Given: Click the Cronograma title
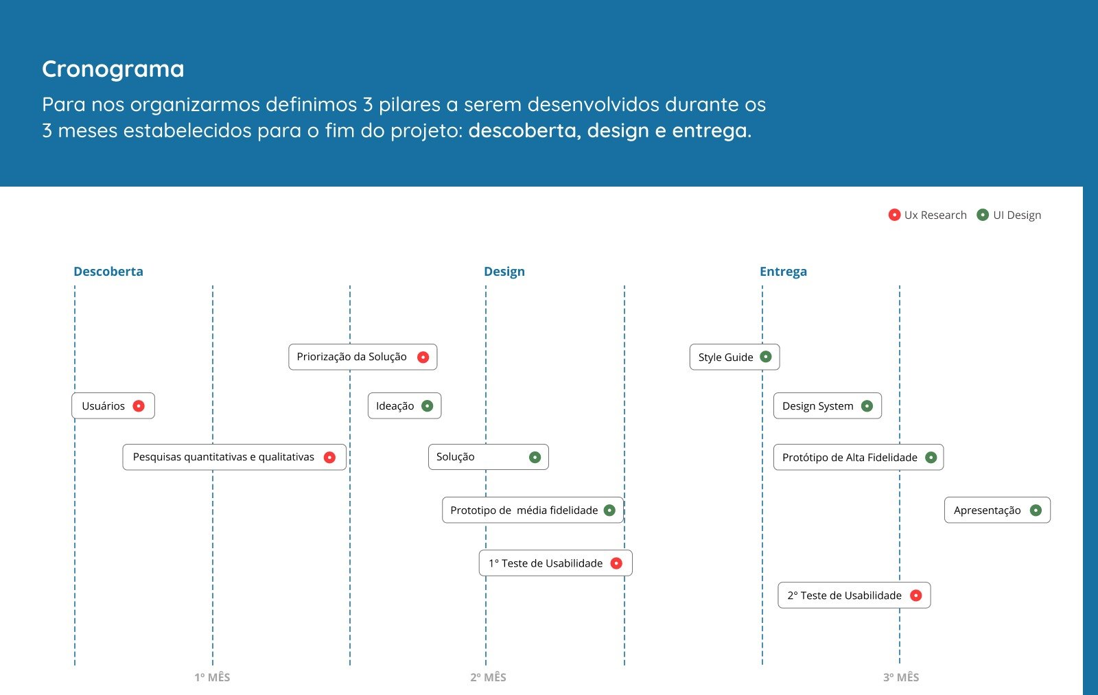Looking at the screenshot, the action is (113, 69).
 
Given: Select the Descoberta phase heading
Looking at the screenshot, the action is (108, 272).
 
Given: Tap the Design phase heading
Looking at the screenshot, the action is (504, 272).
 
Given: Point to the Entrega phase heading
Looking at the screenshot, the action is (783, 272).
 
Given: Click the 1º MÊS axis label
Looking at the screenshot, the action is (212, 677).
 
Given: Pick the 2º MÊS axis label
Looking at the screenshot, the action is (488, 677).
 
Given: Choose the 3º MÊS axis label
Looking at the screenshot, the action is (901, 677).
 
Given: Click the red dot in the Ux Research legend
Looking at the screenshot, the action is (894, 215).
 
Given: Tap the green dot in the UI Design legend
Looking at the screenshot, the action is (982, 215).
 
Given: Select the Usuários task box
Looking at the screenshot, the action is (113, 406).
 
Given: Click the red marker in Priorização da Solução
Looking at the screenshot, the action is (423, 357).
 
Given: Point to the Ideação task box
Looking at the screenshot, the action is (404, 406).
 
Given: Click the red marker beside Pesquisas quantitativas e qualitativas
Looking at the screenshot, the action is (329, 458).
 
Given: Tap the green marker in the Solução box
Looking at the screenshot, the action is (535, 458).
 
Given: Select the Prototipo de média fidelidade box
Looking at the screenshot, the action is (533, 510).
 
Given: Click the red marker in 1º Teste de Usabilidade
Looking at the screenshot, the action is (616, 563).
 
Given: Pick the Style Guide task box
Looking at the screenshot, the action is (735, 357).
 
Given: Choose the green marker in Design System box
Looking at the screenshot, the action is (867, 406).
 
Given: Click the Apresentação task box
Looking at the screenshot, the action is (998, 510).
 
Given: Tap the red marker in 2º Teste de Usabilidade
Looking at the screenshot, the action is (915, 596).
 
